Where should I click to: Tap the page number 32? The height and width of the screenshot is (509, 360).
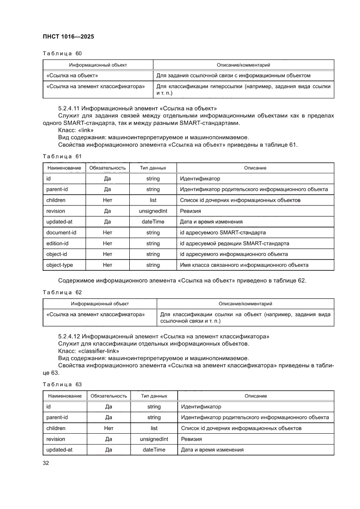[x=45, y=463]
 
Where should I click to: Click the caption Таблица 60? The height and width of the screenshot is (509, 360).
[x=62, y=54]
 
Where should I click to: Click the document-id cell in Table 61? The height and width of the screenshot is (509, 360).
[x=61, y=233]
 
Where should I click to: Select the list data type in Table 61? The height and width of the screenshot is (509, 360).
[x=153, y=200]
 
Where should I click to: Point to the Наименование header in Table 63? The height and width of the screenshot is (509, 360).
[x=65, y=396]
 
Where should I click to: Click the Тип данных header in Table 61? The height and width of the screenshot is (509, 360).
[x=153, y=168]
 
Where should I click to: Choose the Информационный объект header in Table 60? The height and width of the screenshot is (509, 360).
[x=98, y=65]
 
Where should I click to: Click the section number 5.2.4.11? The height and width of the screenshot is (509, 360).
[x=69, y=108]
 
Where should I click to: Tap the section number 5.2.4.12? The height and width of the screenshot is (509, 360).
[x=69, y=336]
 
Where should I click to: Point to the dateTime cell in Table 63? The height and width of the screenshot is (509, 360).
[x=154, y=450]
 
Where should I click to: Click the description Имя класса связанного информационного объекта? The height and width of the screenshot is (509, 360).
[x=244, y=265]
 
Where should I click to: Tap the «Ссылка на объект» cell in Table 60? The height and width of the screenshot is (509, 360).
[x=72, y=75]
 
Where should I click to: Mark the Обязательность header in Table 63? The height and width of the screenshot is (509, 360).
[x=109, y=396]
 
